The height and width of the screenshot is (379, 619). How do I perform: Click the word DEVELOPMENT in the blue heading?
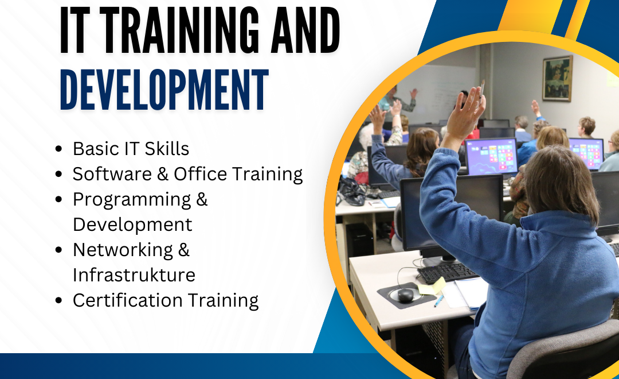point(164,90)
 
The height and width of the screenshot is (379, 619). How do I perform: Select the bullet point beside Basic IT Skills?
point(59,149)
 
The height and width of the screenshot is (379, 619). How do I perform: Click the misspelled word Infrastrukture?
point(134,274)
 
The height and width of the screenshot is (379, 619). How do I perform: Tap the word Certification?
point(127,300)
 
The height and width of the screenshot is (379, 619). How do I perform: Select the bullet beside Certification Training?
point(59,300)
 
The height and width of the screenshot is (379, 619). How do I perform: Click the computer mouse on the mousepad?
point(405,295)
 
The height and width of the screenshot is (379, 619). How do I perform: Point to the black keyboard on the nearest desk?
point(447,272)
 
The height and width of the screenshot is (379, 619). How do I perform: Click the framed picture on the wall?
point(558,78)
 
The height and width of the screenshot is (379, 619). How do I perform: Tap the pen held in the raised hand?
point(481,89)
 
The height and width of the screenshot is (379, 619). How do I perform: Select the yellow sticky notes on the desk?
point(432,287)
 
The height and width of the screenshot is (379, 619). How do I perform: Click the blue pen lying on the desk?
point(438,301)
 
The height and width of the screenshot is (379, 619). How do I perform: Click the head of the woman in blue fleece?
point(561,183)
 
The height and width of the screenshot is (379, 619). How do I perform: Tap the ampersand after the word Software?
point(163,174)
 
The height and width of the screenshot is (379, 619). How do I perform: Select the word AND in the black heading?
point(305,30)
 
